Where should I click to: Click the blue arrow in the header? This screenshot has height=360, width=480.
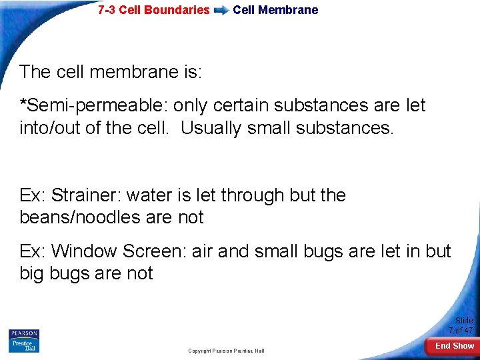click(x=221, y=11)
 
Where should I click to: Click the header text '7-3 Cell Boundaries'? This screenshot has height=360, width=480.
click(x=153, y=10)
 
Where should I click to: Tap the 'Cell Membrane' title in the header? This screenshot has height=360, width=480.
click(x=275, y=10)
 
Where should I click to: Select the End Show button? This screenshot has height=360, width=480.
click(x=454, y=346)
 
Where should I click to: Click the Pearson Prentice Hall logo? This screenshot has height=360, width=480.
click(x=24, y=340)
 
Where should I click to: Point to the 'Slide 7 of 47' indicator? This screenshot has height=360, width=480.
click(x=461, y=325)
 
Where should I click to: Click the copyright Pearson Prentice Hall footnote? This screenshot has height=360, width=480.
click(x=226, y=351)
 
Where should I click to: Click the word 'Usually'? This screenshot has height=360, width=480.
click(x=211, y=127)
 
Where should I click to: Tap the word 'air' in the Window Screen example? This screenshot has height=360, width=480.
click(x=205, y=251)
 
